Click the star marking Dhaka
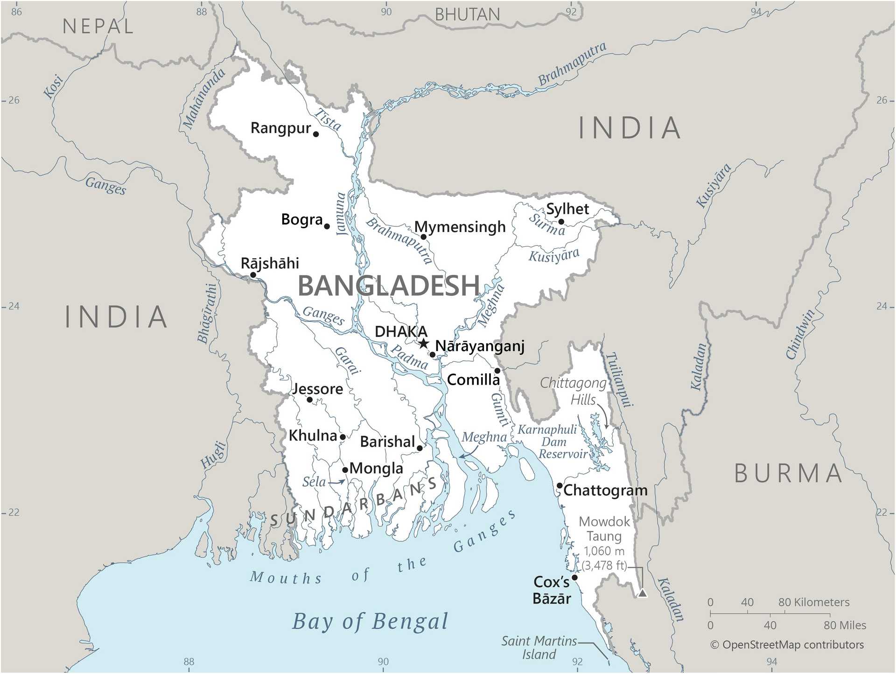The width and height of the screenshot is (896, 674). click(x=423, y=344)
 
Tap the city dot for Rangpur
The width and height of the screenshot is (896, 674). click(x=316, y=134)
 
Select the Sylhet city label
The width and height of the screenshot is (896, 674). click(x=567, y=209)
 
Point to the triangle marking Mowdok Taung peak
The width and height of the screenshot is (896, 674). click(x=643, y=593)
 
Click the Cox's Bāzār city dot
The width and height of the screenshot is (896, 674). click(x=575, y=577)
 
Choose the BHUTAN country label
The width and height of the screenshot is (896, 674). click(x=467, y=15)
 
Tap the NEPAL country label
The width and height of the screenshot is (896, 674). click(x=98, y=26)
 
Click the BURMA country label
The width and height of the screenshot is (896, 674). click(x=788, y=474)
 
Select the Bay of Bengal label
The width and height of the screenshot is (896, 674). click(x=370, y=622)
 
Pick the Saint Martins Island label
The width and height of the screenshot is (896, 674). click(x=539, y=647)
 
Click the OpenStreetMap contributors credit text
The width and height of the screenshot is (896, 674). click(x=787, y=645)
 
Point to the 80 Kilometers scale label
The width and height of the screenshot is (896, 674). click(x=813, y=602)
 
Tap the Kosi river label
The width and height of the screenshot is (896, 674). click(x=53, y=86)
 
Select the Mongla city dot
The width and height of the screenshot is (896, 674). click(x=345, y=470)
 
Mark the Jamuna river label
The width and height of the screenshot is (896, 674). click(x=342, y=213)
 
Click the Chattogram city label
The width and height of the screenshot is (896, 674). click(x=605, y=491)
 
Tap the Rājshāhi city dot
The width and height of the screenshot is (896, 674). click(x=253, y=275)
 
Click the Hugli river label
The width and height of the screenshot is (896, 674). click(x=213, y=454)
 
